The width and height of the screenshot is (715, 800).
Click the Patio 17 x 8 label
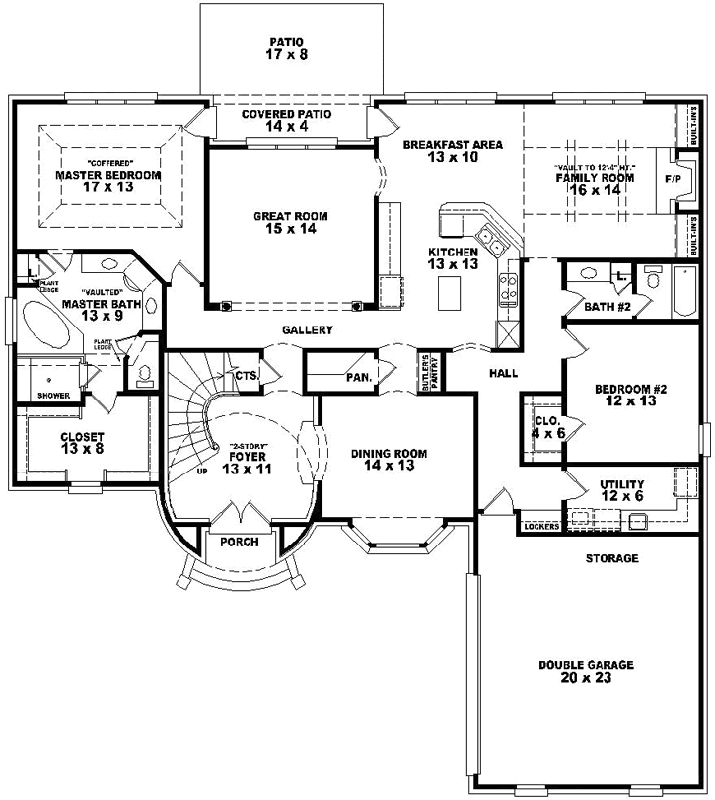pos(289,49)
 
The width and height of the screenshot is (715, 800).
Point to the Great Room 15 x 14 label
pos(290,223)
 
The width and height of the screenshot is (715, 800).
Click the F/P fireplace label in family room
pos(674,179)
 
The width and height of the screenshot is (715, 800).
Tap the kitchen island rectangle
pos(449,292)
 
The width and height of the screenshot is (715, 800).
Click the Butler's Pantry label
pos(426,373)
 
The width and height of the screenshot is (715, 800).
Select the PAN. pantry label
pos(358,377)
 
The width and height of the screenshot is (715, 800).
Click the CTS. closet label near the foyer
pos(246,375)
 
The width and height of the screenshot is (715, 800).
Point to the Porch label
pos(240,542)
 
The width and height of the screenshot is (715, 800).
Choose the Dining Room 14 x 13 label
pos(389,460)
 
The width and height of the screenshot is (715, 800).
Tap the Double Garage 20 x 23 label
pos(586,672)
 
